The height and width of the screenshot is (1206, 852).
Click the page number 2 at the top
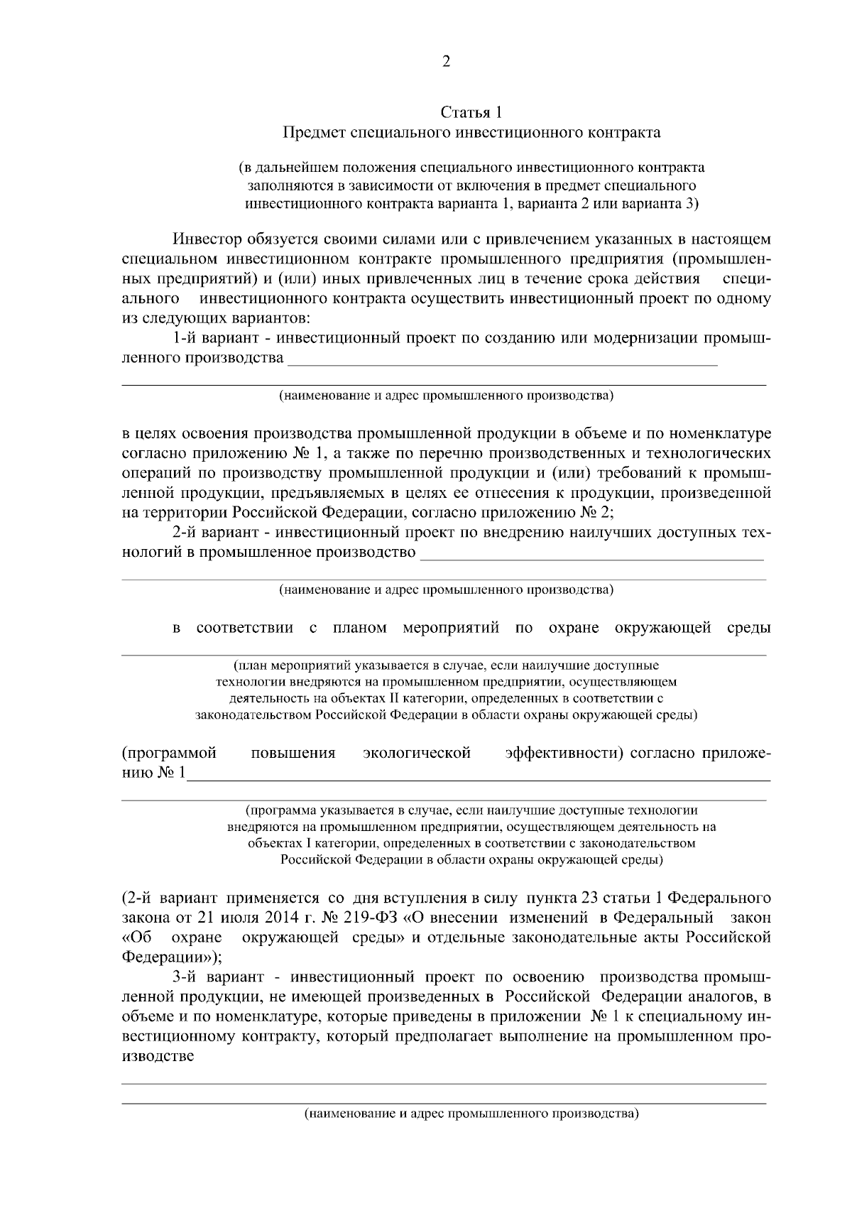[446, 62]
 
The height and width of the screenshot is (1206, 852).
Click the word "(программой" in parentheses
[170, 753]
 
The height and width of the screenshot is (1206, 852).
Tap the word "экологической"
[417, 753]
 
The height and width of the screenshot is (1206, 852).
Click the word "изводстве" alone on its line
[158, 1056]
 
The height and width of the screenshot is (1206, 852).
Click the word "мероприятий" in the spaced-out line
[451, 628]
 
